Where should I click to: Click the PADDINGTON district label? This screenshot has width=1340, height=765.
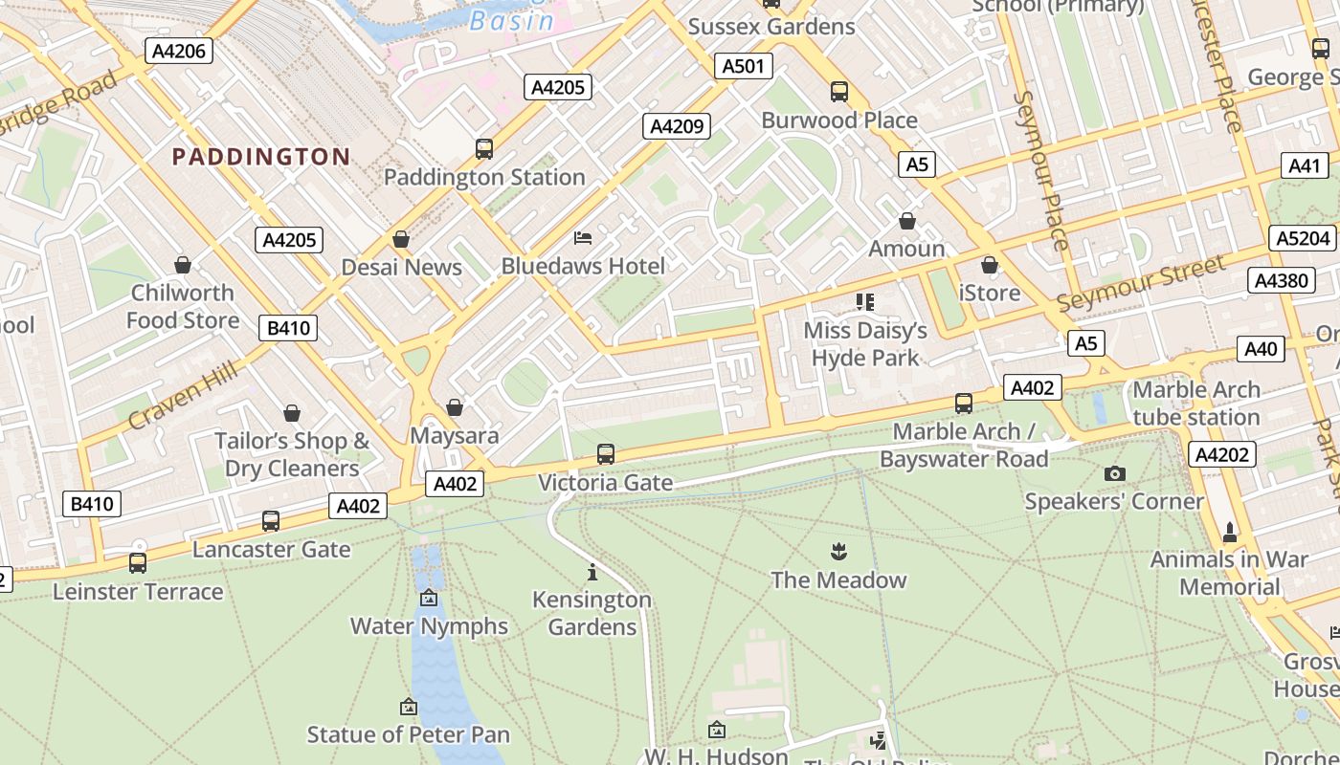pos(260,157)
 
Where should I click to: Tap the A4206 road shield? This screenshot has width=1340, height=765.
pos(179,51)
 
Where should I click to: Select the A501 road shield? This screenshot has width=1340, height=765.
pos(743,66)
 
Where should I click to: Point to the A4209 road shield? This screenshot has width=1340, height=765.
pos(677,126)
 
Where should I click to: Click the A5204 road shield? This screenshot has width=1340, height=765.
pos(1304,238)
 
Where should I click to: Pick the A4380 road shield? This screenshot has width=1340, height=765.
pos(1281,280)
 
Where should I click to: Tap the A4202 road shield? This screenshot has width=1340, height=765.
pos(1222,454)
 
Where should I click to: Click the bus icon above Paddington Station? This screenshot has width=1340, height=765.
pos(484,149)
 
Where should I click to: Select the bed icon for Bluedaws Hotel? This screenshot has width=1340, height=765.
pos(583,238)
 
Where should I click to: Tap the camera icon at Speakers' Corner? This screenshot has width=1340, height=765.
pos(1114,473)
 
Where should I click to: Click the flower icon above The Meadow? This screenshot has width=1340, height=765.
pos(838,552)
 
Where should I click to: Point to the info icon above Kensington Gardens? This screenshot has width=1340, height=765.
pos(592,572)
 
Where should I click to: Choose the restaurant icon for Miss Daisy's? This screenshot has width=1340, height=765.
pos(865,303)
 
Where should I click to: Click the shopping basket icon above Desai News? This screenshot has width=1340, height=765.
pos(401,239)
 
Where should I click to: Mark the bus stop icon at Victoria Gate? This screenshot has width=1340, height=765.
pos(606,454)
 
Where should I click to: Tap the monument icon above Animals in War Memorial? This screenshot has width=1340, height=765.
pos(1230,531)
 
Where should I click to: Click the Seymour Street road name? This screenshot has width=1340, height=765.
pos(1141,284)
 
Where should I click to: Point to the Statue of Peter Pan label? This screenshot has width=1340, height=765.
pos(408,734)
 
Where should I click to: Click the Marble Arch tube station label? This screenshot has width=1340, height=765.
pos(1195,404)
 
